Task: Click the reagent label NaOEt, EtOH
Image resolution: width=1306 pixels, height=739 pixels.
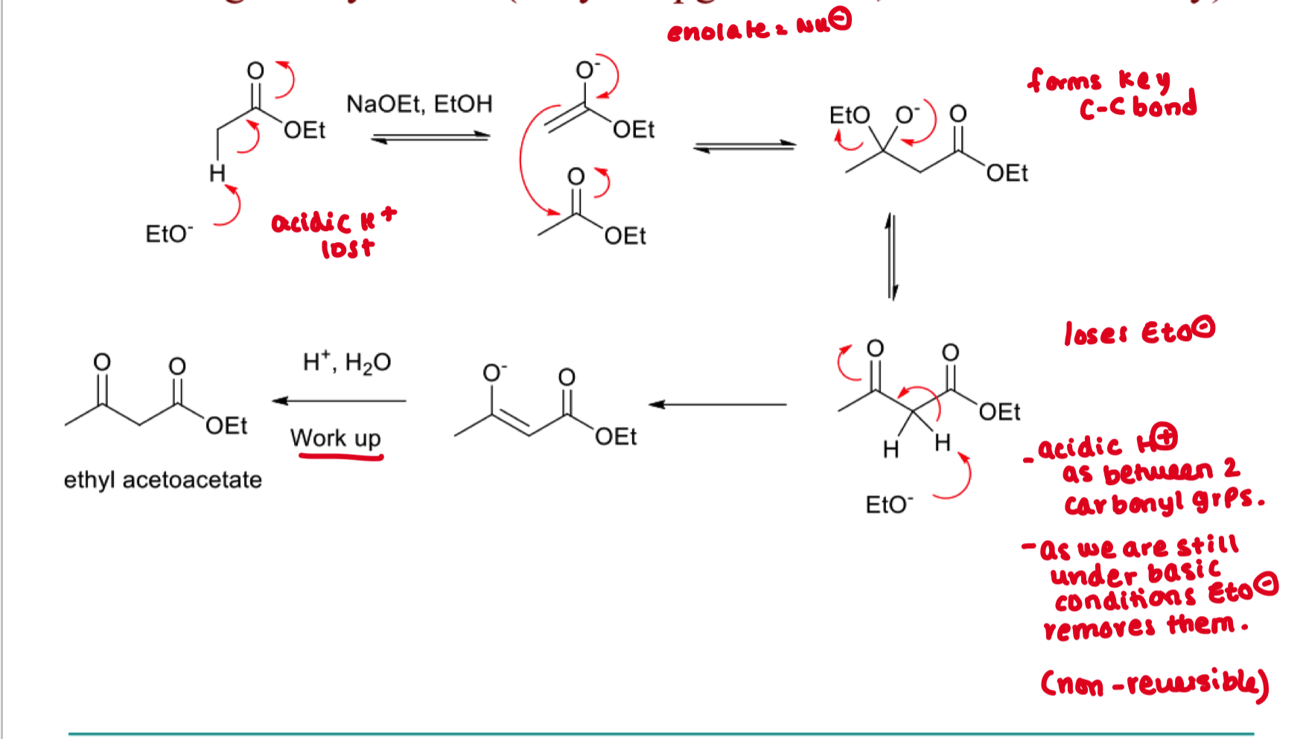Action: [419, 104]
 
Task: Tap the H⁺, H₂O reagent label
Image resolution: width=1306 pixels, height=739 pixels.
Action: [347, 363]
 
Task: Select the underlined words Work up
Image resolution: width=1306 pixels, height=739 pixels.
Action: [336, 438]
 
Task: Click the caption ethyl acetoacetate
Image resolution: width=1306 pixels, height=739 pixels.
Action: [163, 480]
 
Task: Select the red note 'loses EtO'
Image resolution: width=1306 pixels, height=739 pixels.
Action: [1138, 332]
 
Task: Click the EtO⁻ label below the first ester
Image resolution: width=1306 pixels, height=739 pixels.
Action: [169, 234]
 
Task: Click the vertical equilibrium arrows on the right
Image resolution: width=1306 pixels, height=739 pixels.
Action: [892, 256]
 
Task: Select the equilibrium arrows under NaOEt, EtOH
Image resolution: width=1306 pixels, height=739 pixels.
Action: [430, 137]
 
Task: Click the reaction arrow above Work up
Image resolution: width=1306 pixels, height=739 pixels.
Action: [340, 401]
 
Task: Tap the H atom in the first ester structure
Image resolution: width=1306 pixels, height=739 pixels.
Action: [217, 174]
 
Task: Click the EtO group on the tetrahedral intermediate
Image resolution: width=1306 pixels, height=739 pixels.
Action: [849, 115]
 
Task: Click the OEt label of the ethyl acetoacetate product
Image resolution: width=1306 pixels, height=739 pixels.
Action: [226, 426]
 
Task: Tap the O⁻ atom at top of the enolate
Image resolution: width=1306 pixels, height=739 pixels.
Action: [587, 70]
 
